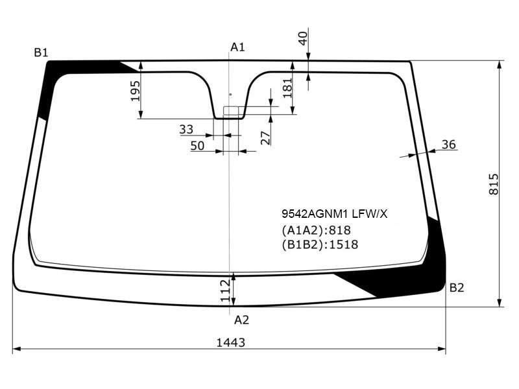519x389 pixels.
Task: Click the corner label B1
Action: tap(41, 53)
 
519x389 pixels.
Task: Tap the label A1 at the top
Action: tap(237, 47)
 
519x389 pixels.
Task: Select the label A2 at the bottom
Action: tap(241, 320)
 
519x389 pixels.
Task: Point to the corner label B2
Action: tap(457, 288)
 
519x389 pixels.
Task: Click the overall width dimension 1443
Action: tap(231, 343)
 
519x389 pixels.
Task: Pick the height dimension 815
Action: tap(494, 184)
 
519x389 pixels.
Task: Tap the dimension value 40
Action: tap(303, 38)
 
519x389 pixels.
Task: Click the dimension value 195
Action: tap(136, 91)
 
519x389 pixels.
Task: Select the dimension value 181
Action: tap(287, 88)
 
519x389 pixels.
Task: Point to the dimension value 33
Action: tap(186, 129)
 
